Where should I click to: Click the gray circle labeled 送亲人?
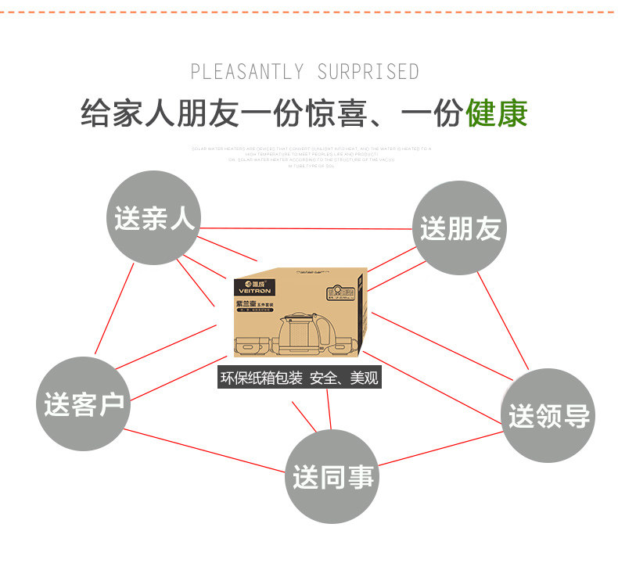[153, 217]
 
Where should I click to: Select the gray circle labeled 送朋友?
[460, 228]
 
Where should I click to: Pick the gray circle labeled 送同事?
[333, 475]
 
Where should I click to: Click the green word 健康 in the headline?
[497, 114]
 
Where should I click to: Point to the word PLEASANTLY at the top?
[246, 73]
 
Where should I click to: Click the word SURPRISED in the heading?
[368, 73]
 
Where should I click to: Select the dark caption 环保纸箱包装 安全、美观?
[300, 378]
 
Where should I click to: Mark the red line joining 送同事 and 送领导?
[438, 448]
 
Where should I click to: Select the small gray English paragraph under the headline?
[311, 156]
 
